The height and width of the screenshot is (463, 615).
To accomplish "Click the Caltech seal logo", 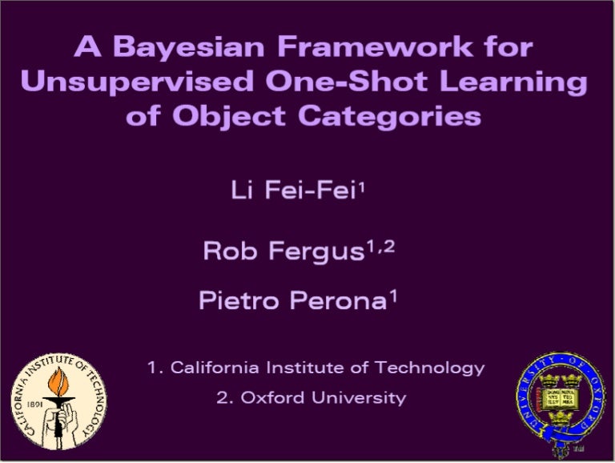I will click(58, 401).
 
